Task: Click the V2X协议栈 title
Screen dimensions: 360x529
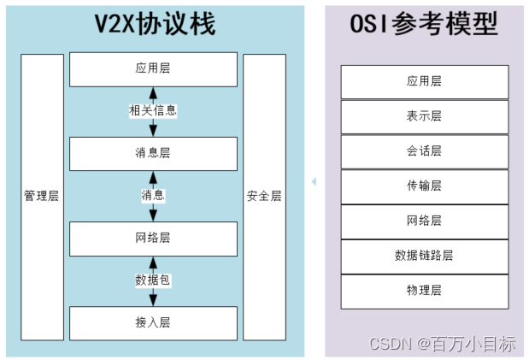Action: click(x=155, y=25)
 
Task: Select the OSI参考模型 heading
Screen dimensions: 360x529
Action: click(x=424, y=25)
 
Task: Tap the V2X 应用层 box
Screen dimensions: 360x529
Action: click(x=153, y=68)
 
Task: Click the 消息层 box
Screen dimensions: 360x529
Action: click(x=153, y=153)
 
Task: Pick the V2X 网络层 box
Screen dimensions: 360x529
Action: click(x=153, y=238)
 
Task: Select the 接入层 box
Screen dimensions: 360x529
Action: click(x=153, y=322)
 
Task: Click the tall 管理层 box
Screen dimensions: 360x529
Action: click(x=41, y=196)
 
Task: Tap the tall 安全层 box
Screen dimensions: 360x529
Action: click(x=264, y=196)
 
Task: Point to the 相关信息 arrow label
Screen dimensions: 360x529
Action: click(x=153, y=110)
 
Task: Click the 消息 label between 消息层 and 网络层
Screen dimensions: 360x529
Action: click(x=153, y=195)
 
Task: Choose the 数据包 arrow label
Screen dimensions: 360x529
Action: click(x=153, y=280)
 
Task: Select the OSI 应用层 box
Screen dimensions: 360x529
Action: click(x=424, y=81)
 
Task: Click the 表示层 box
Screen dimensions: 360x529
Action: click(x=424, y=116)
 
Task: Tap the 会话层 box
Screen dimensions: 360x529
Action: click(x=424, y=151)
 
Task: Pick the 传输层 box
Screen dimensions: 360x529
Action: click(x=424, y=186)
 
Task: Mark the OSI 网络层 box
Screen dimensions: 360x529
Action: click(x=424, y=221)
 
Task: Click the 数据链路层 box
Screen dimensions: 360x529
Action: click(x=424, y=256)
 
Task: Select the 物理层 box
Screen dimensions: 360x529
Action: click(x=424, y=291)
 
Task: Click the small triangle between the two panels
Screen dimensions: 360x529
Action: click(x=314, y=181)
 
